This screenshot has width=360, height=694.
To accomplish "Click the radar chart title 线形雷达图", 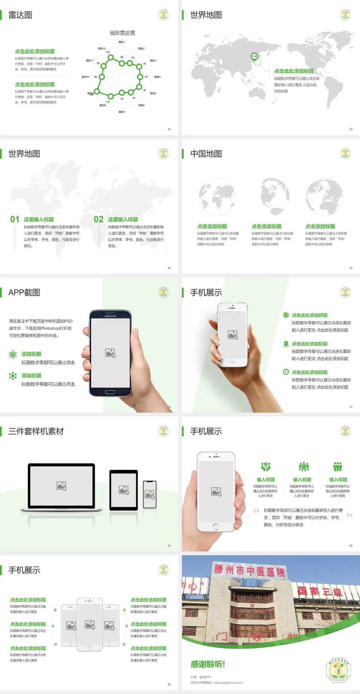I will (x=122, y=33).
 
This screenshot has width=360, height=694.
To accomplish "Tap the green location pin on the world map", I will (x=254, y=57).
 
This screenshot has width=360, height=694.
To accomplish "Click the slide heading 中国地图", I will (x=206, y=154).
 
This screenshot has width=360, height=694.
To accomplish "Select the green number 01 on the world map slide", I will (x=15, y=219).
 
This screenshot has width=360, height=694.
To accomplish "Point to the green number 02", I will (x=99, y=219).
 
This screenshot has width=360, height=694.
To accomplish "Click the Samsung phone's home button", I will (x=110, y=392).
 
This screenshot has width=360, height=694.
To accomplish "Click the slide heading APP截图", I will (x=24, y=293).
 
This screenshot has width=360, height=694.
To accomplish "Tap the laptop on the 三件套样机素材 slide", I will (x=61, y=487).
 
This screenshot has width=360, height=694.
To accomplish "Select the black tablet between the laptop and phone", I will (x=124, y=490).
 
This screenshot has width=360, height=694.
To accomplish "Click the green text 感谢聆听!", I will (x=208, y=664).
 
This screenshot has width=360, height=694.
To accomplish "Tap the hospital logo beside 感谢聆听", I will (x=338, y=670).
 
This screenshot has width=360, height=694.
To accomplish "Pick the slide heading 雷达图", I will (x=20, y=15).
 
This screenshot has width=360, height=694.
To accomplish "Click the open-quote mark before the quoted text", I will (x=256, y=511).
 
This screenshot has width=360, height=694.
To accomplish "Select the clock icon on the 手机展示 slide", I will (x=286, y=372).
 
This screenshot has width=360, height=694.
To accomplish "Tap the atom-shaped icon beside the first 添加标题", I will (x=13, y=355).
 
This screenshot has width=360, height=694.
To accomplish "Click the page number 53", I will (x=351, y=129).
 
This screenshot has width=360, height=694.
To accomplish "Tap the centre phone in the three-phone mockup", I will (x=90, y=624).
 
